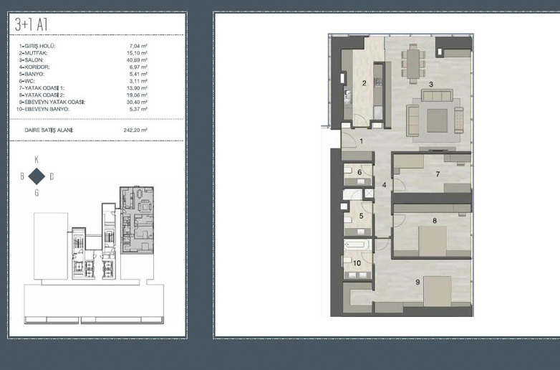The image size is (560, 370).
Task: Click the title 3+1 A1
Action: (31, 24)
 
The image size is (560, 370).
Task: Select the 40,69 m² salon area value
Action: (137, 60)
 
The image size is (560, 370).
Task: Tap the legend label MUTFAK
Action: (33, 53)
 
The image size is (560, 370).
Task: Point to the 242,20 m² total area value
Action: (135, 130)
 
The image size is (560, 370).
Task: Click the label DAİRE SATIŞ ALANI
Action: (49, 130)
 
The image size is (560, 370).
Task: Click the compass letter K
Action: (37, 160)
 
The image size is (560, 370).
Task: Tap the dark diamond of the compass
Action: (37, 176)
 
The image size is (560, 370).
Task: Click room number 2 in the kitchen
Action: (364, 83)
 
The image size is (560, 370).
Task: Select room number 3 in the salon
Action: (431, 85)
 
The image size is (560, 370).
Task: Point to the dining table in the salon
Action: (413, 64)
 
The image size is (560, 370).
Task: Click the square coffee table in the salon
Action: (437, 120)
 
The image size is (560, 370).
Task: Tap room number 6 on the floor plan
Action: (359, 172)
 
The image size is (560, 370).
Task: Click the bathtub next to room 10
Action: (357, 245)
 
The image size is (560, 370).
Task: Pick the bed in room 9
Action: (438, 291)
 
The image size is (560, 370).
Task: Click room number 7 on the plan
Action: (438, 174)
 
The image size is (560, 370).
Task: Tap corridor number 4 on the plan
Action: (385, 185)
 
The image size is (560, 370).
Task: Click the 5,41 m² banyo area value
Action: (138, 74)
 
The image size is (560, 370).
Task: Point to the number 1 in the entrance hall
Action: (362, 141)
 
